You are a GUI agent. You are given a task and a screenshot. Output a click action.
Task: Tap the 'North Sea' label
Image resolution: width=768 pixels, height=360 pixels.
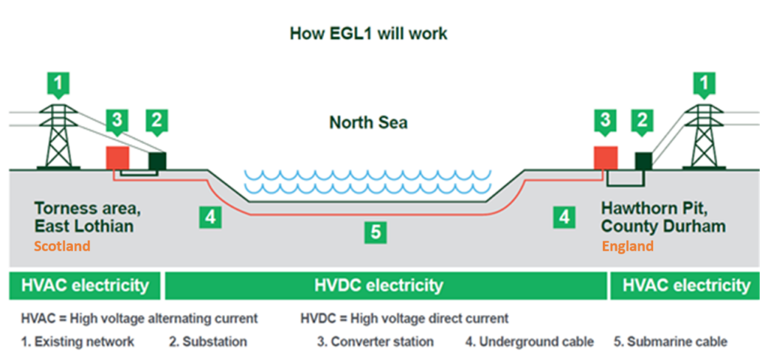point(368,122)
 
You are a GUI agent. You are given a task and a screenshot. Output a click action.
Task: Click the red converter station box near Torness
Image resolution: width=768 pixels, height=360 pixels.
point(117,157)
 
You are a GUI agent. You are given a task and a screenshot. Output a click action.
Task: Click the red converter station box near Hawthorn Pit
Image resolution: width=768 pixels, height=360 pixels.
point(605,157)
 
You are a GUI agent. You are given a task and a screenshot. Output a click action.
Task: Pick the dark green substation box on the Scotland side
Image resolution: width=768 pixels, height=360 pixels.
point(157,160)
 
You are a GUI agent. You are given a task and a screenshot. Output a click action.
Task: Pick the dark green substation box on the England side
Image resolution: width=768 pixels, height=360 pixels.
point(643,160)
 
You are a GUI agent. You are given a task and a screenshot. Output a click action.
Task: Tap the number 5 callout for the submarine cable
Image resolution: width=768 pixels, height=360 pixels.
point(376,232)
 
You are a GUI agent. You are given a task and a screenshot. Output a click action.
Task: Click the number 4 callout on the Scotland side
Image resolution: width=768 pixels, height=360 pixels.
point(211,217)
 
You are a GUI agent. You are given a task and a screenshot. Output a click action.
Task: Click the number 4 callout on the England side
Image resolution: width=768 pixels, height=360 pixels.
point(562,217)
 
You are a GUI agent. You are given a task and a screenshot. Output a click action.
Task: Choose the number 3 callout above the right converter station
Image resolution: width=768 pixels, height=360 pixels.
point(605,119)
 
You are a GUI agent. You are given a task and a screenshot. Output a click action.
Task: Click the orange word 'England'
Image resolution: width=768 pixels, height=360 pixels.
point(628,246)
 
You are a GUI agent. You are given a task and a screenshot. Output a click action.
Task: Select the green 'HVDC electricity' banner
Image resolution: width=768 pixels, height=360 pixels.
point(385,285)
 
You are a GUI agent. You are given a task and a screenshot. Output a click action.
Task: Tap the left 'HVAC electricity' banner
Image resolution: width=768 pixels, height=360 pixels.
point(85,285)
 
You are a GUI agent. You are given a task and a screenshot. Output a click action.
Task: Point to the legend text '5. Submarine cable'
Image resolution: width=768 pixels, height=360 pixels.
point(670,342)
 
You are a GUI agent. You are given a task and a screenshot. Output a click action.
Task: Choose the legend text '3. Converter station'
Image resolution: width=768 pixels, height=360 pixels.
point(375,342)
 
